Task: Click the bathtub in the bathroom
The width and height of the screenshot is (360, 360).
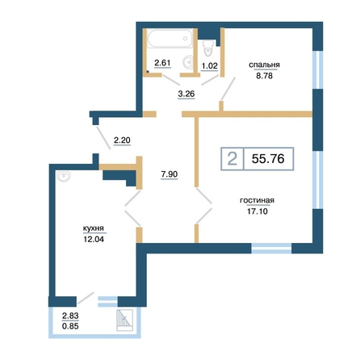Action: pyautogui.click(x=170, y=39)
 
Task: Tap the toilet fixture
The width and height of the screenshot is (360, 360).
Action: pyautogui.click(x=208, y=48)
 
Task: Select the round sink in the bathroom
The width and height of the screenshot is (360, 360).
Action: pyautogui.click(x=188, y=61)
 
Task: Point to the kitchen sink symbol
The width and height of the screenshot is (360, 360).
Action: pyautogui.click(x=63, y=177)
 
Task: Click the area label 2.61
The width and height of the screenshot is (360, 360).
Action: pyautogui.click(x=162, y=63)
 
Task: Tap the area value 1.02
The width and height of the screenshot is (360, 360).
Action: pyautogui.click(x=209, y=65)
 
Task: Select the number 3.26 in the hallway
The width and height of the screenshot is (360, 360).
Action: pyautogui.click(x=186, y=94)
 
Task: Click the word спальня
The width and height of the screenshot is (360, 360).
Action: pyautogui.click(x=264, y=65)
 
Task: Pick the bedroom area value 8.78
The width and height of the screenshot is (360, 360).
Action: pyautogui.click(x=264, y=76)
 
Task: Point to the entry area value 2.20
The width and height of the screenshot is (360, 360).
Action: pyautogui.click(x=122, y=140)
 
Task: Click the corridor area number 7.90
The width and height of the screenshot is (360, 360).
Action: pyautogui.click(x=170, y=174)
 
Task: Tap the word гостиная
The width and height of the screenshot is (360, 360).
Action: pyautogui.click(x=257, y=200)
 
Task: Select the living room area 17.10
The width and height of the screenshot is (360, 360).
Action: pyautogui.click(x=257, y=211)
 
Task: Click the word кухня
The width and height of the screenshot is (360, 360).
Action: pyautogui.click(x=94, y=228)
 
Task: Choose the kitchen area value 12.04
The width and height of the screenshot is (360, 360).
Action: pyautogui.click(x=94, y=239)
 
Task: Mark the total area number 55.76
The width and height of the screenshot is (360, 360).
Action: pyautogui.click(x=268, y=159)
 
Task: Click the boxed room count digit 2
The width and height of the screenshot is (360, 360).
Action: pyautogui.click(x=232, y=159)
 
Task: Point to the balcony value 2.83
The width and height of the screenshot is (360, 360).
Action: pyautogui.click(x=70, y=316)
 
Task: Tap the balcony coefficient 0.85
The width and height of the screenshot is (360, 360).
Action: pyautogui.click(x=70, y=326)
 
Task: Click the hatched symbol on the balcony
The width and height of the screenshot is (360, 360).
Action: pyautogui.click(x=124, y=320)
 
